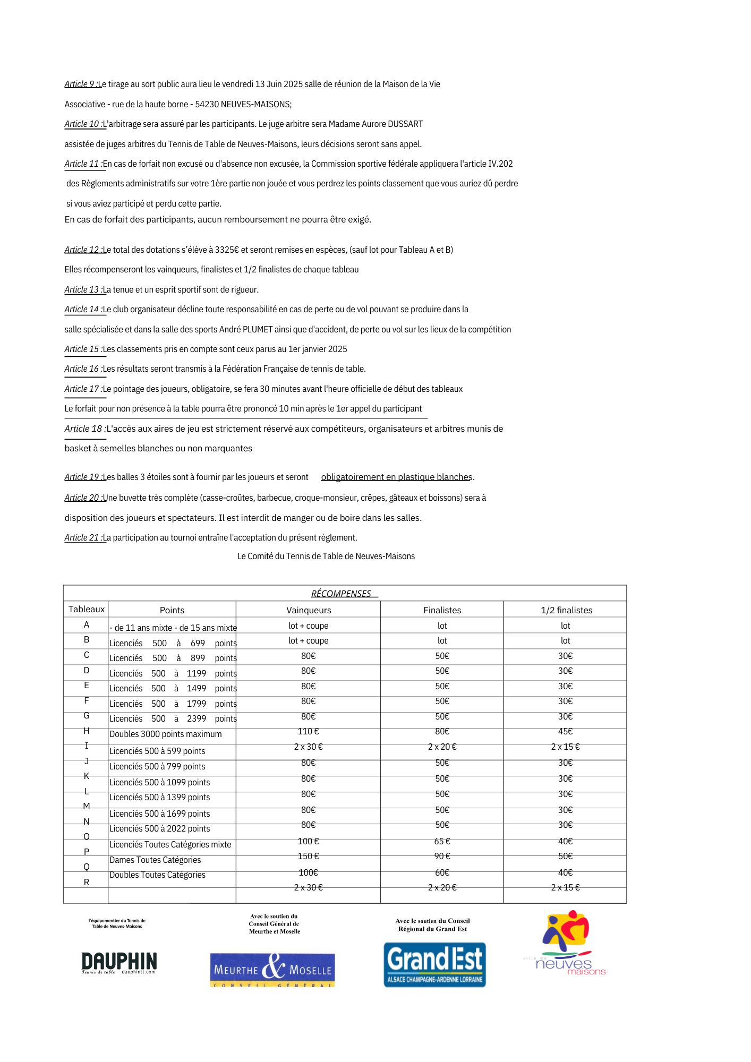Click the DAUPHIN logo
point(119,962)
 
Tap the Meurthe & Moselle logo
point(272,970)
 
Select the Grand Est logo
point(434,964)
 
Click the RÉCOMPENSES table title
point(341,594)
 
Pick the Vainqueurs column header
point(309,610)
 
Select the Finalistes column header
point(442,610)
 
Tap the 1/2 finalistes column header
point(566,610)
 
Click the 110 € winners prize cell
point(308,732)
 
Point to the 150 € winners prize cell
point(308,856)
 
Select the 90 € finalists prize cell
point(442,856)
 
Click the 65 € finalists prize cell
point(442,841)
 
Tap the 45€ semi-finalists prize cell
point(565,732)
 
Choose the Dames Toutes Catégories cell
point(155,860)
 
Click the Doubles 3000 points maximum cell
point(165,734)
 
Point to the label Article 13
point(83,290)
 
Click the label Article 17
point(83,389)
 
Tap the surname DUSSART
point(405,124)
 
